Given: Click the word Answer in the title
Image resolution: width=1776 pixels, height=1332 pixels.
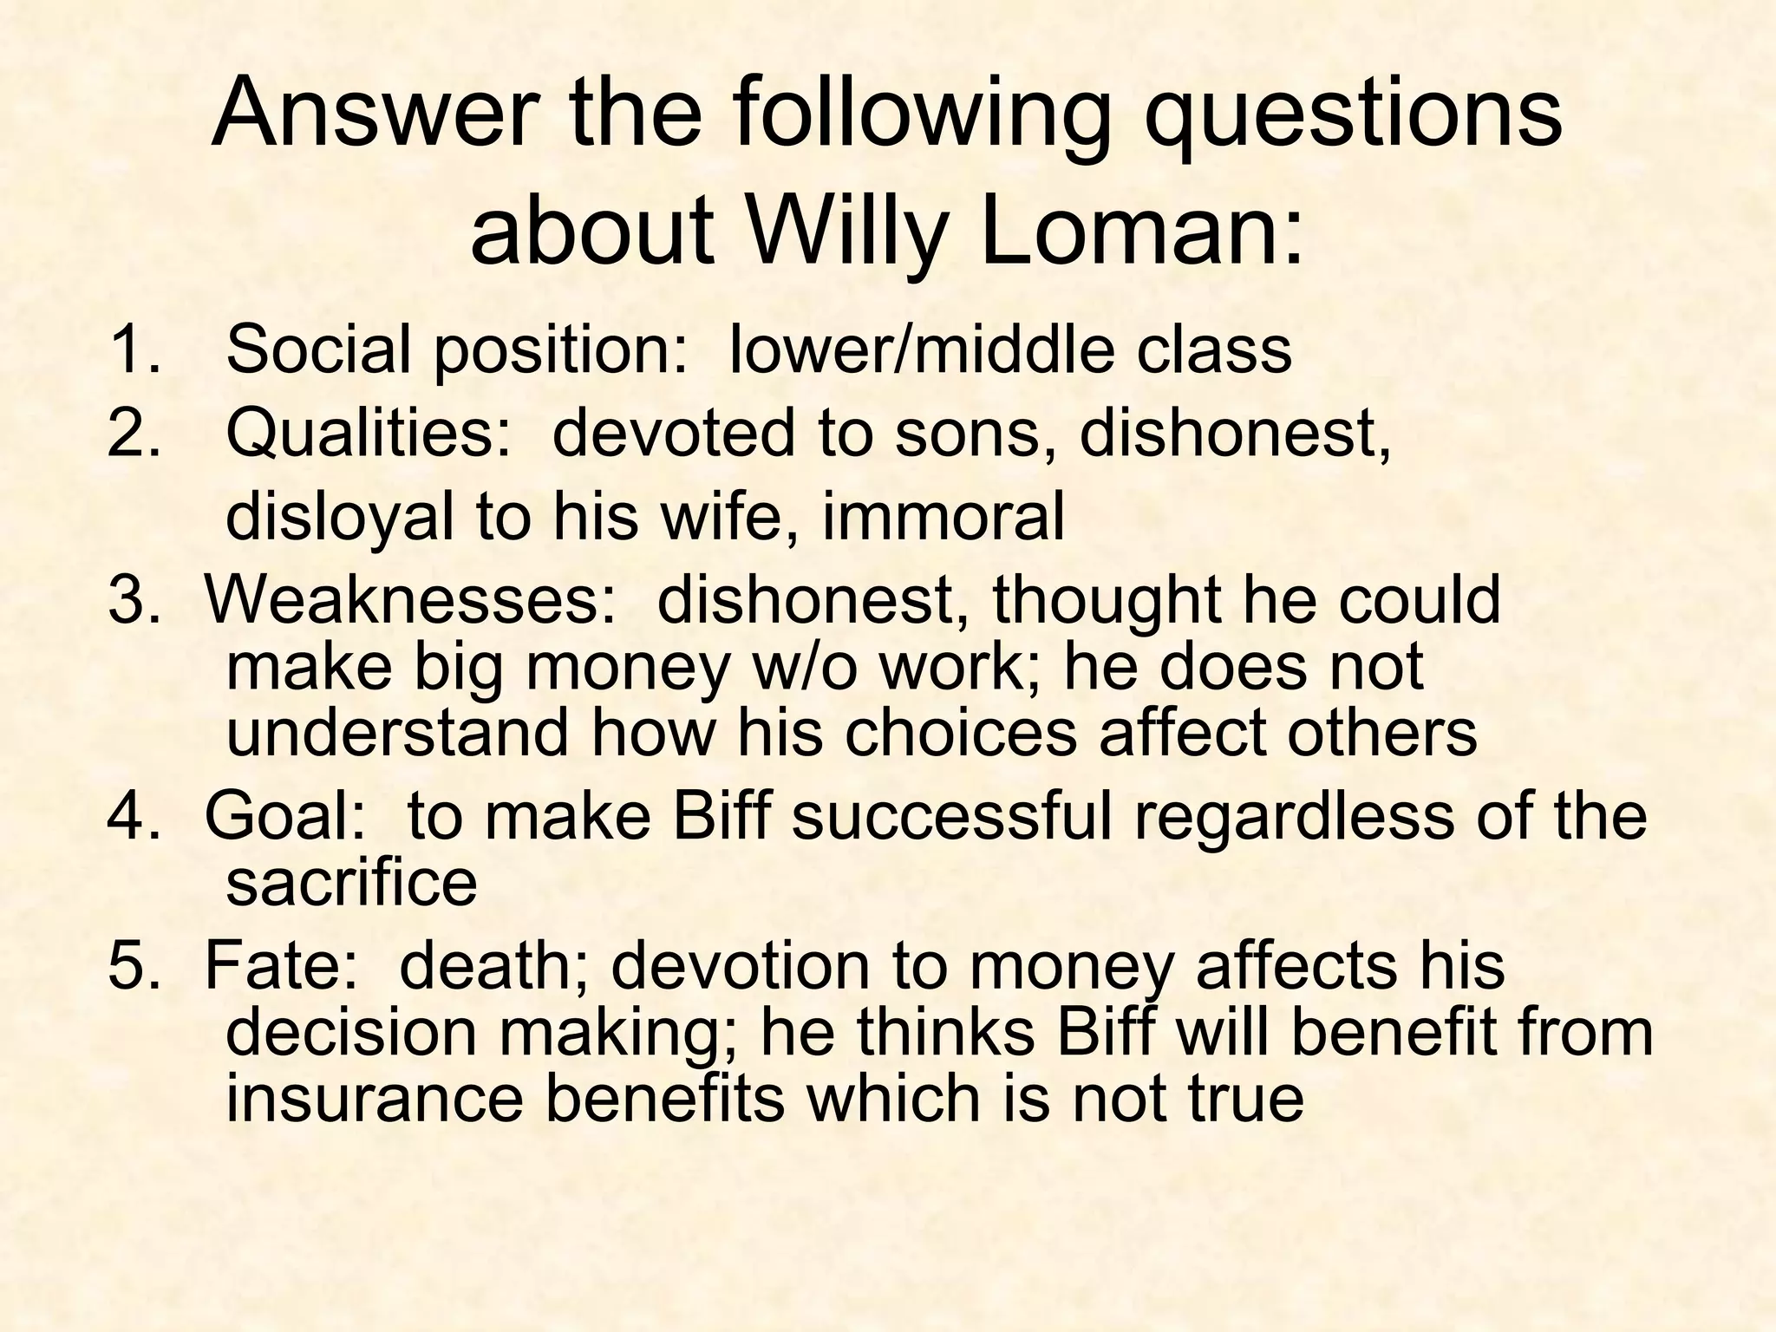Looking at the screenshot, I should tap(370, 114).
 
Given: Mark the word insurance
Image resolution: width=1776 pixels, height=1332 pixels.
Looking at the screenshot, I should tap(375, 1098).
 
